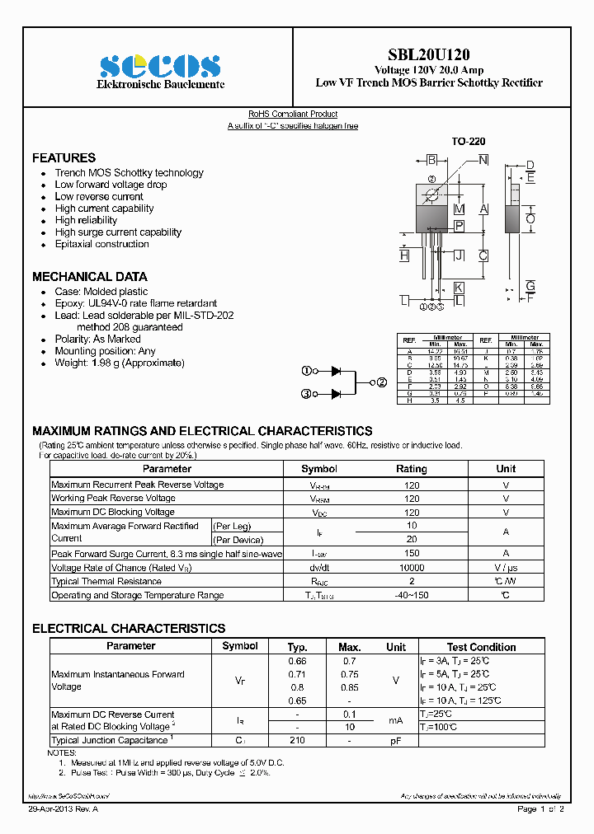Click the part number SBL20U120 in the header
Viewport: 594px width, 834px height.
[x=429, y=54]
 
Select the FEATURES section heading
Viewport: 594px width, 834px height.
[x=64, y=157]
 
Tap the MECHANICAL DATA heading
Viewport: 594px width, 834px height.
[x=90, y=277]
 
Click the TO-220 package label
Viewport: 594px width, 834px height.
[x=468, y=142]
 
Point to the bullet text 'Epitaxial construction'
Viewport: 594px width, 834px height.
[x=101, y=244]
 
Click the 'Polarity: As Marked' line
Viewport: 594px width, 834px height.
[x=97, y=339]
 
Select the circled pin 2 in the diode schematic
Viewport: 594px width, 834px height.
[x=382, y=382]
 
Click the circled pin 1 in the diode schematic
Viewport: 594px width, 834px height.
[x=306, y=371]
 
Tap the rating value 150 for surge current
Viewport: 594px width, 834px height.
[x=412, y=554]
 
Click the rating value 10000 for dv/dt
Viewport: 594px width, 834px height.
[x=412, y=568]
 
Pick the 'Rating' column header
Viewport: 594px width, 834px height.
[x=412, y=469]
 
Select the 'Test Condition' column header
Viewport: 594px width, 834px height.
[x=481, y=647]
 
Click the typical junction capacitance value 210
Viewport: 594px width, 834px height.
[x=297, y=741]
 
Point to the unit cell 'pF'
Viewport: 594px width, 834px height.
[x=396, y=741]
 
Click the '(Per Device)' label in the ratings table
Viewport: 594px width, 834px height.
[x=238, y=540]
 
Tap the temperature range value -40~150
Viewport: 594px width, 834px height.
[x=412, y=595]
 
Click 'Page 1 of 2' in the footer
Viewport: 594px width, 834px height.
[x=540, y=810]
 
